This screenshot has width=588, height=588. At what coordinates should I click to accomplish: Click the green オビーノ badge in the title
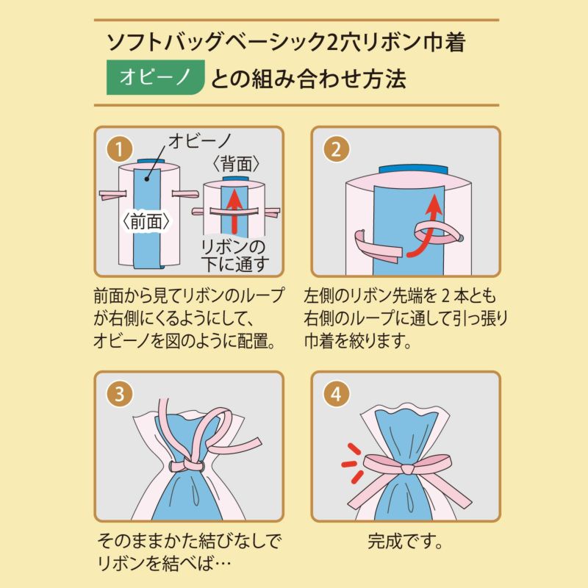[155, 78]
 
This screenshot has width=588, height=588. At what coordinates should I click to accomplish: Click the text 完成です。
[406, 545]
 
